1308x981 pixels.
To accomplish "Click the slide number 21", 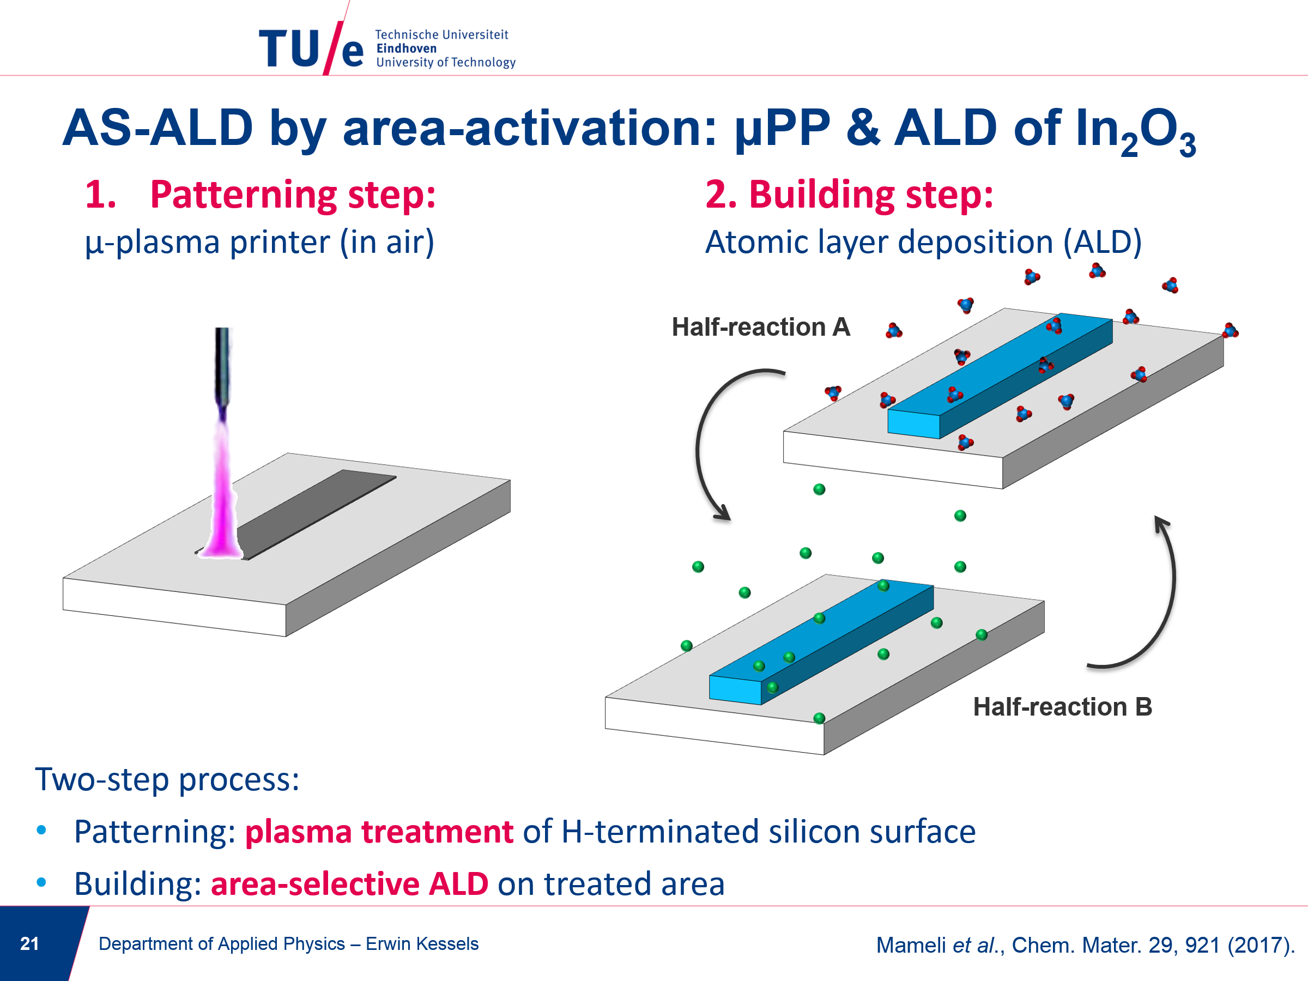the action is coord(29,943).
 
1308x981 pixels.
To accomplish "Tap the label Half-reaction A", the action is coord(761,327).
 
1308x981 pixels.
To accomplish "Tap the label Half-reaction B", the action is coord(1063,707).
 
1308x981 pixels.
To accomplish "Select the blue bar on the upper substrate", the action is coord(1000,375).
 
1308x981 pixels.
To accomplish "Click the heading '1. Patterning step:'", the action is coord(260,195).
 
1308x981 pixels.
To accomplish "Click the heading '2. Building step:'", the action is coord(849,195).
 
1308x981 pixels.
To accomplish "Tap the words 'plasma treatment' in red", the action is coord(379,832).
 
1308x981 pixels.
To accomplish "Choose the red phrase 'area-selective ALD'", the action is coord(349,884).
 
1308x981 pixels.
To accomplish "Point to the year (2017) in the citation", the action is coord(1259,945).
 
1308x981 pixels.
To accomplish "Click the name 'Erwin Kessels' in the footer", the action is coord(422,944).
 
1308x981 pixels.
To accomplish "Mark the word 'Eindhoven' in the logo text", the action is coord(406,49).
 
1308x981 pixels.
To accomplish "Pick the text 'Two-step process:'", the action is coord(167,780).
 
